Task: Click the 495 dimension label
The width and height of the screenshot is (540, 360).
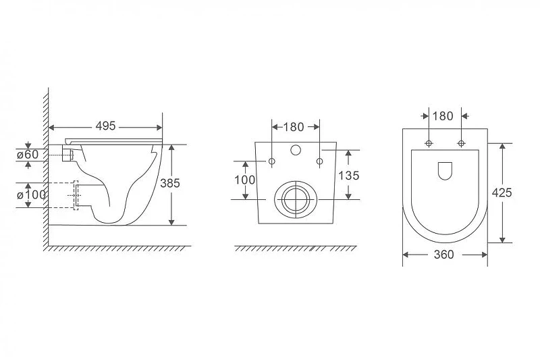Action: (x=105, y=126)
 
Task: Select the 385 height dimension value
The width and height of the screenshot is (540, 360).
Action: (x=170, y=183)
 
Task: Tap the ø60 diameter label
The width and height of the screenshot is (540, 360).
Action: (x=28, y=155)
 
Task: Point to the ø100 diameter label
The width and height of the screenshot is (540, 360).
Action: (x=31, y=195)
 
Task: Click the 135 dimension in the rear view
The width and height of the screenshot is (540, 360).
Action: (x=348, y=176)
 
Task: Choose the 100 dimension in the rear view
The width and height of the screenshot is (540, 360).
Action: (x=245, y=180)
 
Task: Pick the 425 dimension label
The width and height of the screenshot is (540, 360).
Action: (x=502, y=192)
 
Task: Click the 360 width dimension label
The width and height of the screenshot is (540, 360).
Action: (x=444, y=255)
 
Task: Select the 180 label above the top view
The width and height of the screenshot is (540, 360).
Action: (x=443, y=116)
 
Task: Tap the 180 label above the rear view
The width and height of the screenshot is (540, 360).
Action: (x=294, y=127)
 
